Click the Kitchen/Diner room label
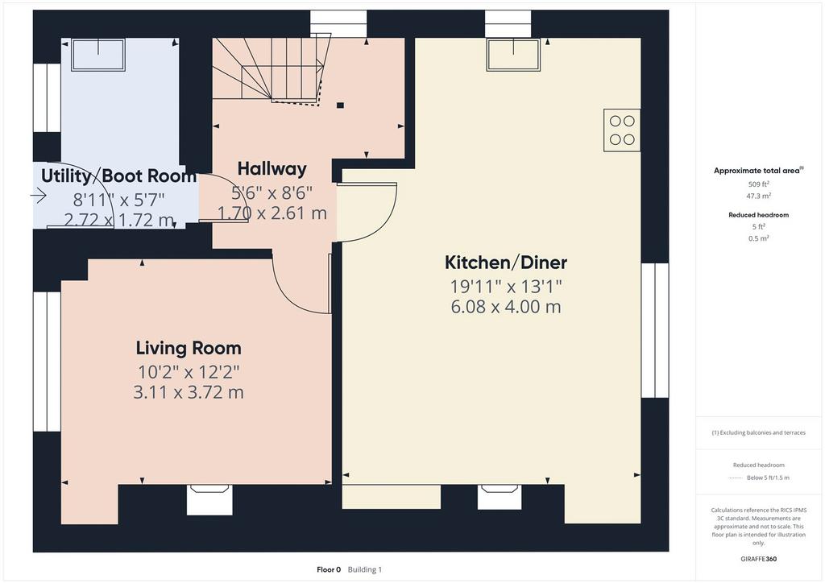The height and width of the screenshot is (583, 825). (506, 263)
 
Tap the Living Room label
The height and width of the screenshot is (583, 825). (189, 348)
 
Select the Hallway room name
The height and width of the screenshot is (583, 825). (272, 169)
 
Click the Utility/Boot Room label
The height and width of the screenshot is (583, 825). (118, 176)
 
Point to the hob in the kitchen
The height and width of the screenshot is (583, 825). (622, 130)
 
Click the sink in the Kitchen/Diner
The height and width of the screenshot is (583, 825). (513, 54)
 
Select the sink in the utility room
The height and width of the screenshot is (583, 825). (98, 54)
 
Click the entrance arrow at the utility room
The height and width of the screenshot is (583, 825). (39, 196)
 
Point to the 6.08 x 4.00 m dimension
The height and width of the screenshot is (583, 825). (506, 307)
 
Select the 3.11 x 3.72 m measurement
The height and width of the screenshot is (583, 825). (189, 392)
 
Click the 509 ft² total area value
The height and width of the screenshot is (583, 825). (758, 184)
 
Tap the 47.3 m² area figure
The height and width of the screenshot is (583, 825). (759, 196)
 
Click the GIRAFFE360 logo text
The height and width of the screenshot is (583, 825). (759, 559)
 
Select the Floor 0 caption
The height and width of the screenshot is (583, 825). (329, 569)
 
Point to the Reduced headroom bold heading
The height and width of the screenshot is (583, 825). (758, 214)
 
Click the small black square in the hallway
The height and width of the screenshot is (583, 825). (341, 105)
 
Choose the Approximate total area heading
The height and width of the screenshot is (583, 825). (758, 171)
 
